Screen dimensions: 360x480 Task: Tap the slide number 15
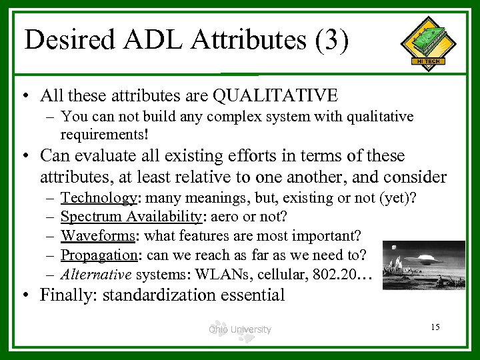435,327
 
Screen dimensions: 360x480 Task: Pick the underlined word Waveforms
99,235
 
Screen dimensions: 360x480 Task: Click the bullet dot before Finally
25,295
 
